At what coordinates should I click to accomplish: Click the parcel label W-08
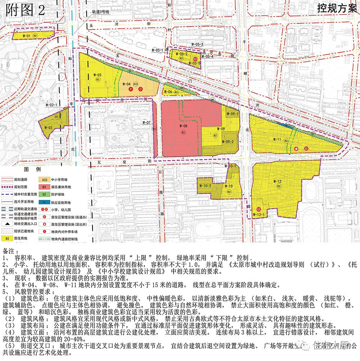pyautogui.click(x=183, y=126)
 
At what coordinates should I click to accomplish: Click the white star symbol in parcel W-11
pyautogui.click(x=296, y=148)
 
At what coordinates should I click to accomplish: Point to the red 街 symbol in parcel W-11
pyautogui.click(x=306, y=148)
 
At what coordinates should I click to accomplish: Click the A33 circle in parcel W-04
pyautogui.click(x=135, y=84)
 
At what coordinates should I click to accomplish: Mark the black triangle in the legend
pyautogui.click(x=6, y=224)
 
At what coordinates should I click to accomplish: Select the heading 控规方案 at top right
pyautogui.click(x=337, y=9)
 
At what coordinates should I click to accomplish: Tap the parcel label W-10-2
pyautogui.click(x=205, y=186)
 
